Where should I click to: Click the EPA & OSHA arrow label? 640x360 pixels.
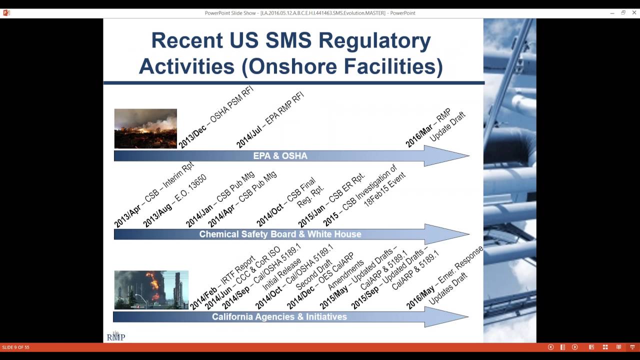(280, 156)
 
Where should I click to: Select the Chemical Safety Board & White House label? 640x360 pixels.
(280, 234)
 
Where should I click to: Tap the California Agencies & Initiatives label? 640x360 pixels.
(279, 316)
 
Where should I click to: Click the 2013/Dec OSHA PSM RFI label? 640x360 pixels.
(216, 117)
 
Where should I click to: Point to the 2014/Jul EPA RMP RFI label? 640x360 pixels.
(270, 120)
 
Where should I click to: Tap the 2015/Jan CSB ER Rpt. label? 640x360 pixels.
(331, 200)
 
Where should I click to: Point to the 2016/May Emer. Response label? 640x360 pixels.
(445, 276)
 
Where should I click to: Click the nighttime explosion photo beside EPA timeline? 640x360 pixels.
(145, 128)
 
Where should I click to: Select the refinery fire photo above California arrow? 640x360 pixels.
(151, 290)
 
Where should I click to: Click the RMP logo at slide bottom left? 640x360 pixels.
(115, 337)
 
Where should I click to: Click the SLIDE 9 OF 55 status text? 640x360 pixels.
(15, 347)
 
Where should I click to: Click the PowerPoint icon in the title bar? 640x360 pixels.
(6, 13)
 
